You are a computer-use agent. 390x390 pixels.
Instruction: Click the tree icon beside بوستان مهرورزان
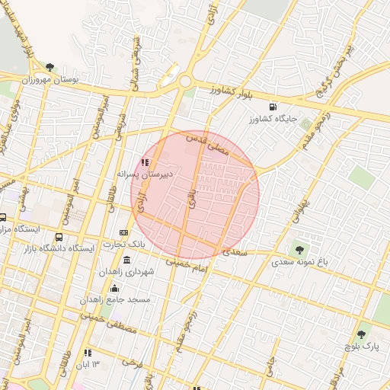point(50,67)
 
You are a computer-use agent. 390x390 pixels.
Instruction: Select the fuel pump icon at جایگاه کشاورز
point(273,107)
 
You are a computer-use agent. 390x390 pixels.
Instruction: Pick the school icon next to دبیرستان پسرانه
point(145,162)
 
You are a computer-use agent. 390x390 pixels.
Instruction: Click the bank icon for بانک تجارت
point(124,232)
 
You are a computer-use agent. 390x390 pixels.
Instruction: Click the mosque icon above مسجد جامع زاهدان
point(115,288)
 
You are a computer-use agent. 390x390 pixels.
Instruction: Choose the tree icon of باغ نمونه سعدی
point(299,249)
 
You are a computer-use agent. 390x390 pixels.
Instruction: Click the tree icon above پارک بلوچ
point(361,334)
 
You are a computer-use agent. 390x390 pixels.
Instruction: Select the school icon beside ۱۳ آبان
point(88,353)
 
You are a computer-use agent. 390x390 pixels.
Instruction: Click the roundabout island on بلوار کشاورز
point(184,80)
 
